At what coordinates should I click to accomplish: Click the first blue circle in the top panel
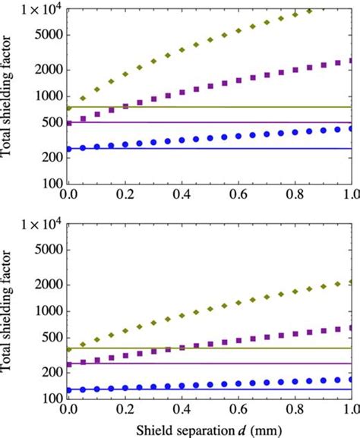69,148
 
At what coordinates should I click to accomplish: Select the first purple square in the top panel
69,122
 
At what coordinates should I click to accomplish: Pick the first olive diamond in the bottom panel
69,348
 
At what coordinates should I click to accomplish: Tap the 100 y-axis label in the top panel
50,183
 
